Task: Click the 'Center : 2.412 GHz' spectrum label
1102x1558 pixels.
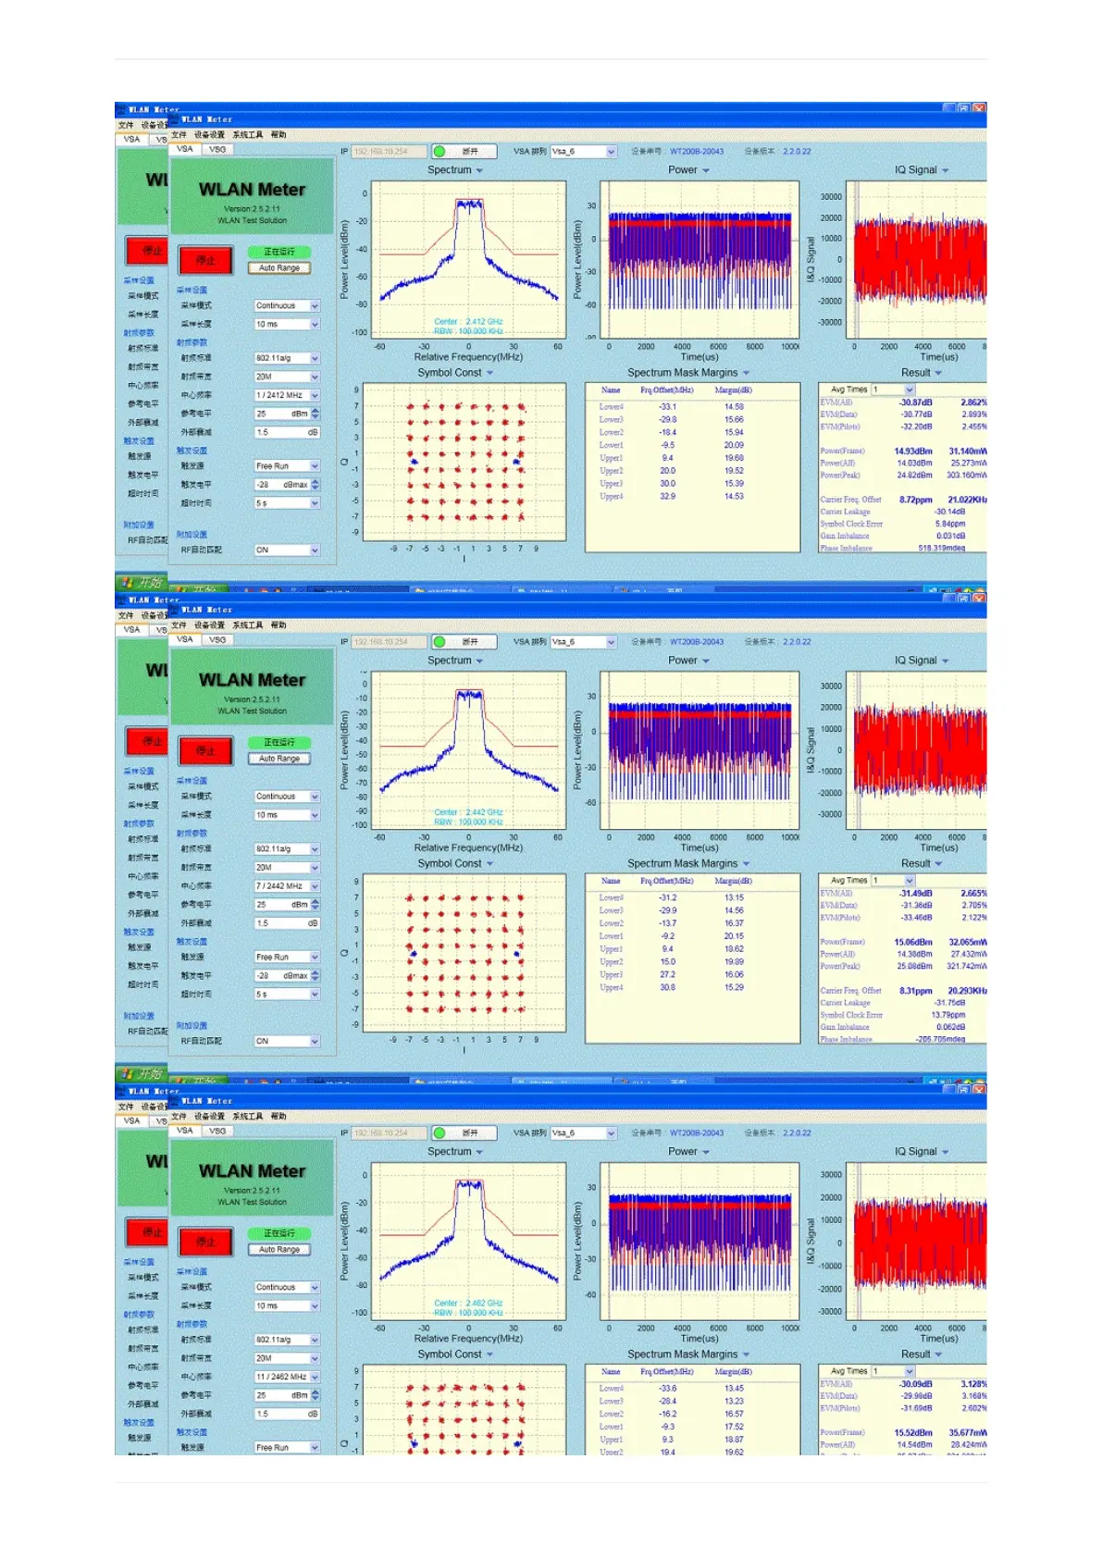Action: (468, 322)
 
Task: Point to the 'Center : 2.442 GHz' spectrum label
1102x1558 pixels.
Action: (468, 812)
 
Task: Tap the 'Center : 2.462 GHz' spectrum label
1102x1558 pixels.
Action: (468, 1303)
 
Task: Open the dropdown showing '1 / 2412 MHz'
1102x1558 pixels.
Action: (287, 395)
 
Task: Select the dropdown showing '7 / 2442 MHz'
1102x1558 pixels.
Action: (287, 886)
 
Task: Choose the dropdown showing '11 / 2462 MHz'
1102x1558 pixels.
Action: (287, 1377)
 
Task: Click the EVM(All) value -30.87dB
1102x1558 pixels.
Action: (916, 402)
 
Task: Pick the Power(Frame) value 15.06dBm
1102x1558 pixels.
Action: (913, 942)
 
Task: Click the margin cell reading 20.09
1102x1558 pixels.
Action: (734, 445)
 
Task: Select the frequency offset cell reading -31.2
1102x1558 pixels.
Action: (667, 897)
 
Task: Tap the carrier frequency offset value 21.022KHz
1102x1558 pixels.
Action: (967, 500)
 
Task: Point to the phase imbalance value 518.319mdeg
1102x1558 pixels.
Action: (941, 548)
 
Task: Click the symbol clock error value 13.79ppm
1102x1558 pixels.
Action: (948, 1015)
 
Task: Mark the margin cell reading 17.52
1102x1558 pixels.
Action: (734, 1427)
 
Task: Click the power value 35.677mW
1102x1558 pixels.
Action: (967, 1432)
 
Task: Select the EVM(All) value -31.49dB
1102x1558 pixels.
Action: (916, 894)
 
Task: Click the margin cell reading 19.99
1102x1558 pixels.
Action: (734, 961)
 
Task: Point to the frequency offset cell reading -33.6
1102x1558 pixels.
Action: (667, 1388)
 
